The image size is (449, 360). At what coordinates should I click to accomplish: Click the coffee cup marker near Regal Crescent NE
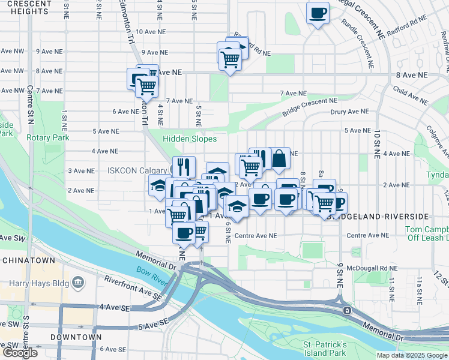pos(318,12)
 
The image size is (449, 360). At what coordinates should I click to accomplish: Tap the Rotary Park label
pos(48,137)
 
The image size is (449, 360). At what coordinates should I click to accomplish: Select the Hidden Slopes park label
pos(190,139)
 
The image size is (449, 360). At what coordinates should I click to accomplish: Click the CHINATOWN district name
pos(28,260)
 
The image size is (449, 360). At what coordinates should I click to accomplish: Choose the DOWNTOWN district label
pos(76,337)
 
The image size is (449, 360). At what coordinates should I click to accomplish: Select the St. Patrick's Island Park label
pos(325,348)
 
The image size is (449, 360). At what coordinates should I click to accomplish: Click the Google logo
pos(20,353)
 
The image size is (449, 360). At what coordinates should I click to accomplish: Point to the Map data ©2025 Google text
pos(412,355)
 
